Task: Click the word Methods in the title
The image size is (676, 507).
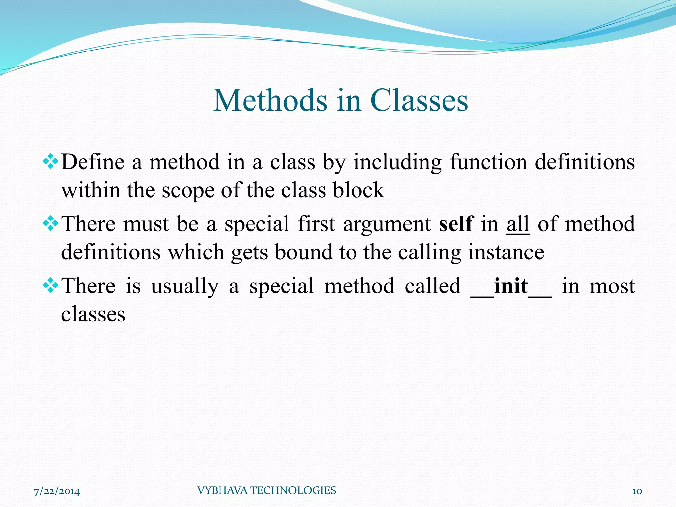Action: click(x=270, y=100)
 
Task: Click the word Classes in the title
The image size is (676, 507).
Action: click(x=419, y=100)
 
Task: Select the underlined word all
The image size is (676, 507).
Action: click(x=518, y=224)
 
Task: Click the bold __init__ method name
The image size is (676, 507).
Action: click(x=511, y=286)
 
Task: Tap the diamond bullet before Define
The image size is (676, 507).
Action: click(x=51, y=162)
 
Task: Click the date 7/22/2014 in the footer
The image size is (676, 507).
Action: click(x=57, y=491)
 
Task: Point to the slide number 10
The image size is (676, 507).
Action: click(x=637, y=491)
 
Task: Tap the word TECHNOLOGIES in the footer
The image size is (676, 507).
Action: click(x=293, y=490)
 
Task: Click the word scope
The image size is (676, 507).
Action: click(x=188, y=191)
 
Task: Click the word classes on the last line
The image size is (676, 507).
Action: click(x=93, y=314)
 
